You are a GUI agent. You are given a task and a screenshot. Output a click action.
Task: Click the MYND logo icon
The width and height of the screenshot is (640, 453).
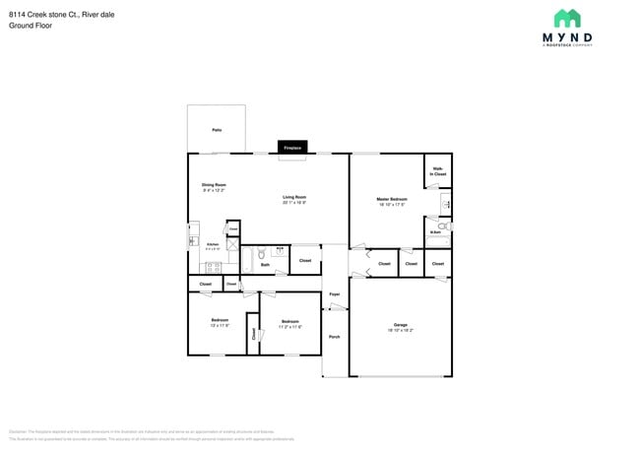click(566, 18)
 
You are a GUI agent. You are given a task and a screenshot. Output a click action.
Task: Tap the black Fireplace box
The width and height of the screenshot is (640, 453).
click(292, 148)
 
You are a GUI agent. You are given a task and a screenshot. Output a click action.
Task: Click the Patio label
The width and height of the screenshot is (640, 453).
click(216, 129)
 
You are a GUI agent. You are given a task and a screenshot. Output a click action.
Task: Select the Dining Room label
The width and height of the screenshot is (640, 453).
click(215, 185)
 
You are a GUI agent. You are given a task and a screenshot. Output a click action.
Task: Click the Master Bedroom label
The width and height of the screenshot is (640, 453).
click(391, 199)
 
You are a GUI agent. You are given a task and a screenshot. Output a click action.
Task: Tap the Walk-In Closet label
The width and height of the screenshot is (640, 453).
click(438, 171)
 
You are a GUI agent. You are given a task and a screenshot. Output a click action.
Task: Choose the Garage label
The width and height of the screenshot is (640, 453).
click(400, 325)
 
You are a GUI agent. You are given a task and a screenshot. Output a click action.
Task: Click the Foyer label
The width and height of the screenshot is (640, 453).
click(334, 293)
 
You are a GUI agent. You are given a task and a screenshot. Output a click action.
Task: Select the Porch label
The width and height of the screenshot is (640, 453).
click(334, 337)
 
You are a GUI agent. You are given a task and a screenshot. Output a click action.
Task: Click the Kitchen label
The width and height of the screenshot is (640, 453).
click(212, 243)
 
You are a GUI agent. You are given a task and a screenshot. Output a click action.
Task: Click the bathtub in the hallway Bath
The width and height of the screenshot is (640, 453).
click(247, 259)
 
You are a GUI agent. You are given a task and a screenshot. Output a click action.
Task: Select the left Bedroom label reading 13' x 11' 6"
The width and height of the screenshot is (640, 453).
click(220, 321)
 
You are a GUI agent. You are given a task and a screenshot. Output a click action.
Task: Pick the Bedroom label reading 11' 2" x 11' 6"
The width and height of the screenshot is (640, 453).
click(289, 322)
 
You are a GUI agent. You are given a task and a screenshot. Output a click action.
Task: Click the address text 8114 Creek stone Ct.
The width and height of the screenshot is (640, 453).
click(39, 14)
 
